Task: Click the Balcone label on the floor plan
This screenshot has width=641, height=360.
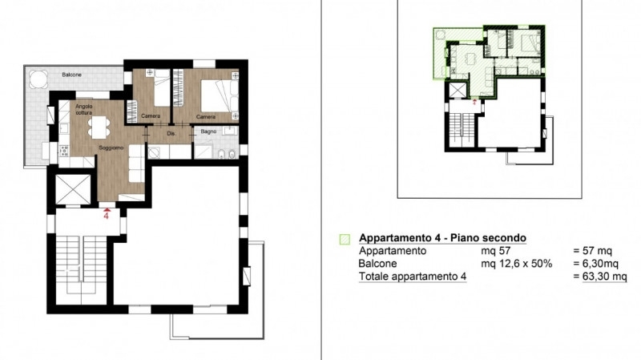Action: point(71,75)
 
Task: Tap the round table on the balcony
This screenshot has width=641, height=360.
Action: point(38,79)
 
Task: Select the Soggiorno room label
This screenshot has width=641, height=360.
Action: point(111,148)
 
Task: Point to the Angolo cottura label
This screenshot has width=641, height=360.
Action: point(84,109)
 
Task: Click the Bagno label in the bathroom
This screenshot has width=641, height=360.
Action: point(208,131)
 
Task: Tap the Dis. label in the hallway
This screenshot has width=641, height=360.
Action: point(171,133)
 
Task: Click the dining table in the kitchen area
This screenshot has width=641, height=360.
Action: point(99,127)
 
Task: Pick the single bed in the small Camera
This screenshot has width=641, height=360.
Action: point(162,88)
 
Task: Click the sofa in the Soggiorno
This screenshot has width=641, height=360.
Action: point(137,164)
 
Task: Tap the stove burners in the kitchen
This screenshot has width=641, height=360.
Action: point(64,151)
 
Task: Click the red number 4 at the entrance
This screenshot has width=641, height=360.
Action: point(107,216)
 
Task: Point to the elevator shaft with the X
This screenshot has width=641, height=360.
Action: point(73,189)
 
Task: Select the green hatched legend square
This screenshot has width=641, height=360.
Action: point(345,239)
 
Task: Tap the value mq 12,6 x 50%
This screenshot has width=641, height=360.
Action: point(516,264)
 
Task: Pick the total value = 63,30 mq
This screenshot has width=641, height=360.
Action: point(599,277)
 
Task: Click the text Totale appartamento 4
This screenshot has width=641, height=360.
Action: point(413,277)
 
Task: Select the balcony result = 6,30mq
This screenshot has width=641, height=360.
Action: point(595,264)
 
